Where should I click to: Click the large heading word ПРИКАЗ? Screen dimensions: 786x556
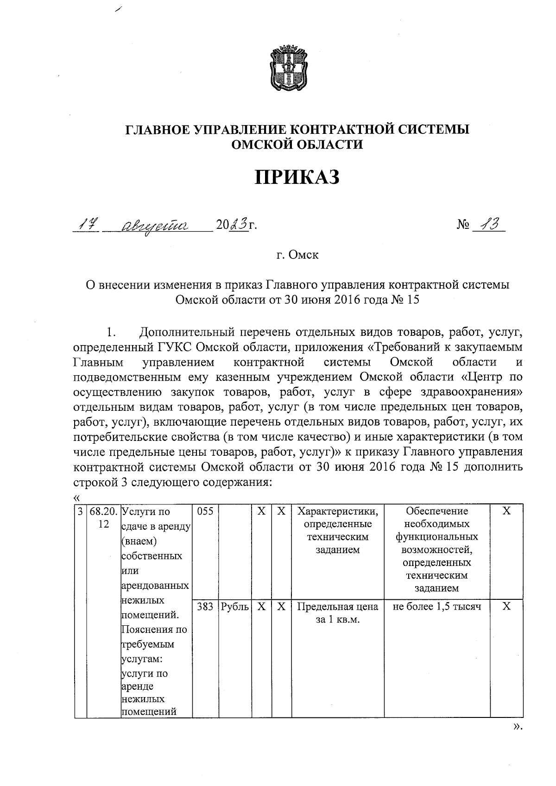point(297,177)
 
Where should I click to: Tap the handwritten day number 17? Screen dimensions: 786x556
point(85,225)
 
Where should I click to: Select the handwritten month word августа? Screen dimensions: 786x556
point(153,226)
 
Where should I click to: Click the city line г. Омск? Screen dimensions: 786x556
point(297,255)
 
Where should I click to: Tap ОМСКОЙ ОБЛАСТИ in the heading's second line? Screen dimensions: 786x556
point(297,145)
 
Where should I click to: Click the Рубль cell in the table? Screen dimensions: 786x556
point(234,606)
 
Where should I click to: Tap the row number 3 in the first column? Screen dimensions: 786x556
point(80,511)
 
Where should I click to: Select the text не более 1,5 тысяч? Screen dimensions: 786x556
point(436,606)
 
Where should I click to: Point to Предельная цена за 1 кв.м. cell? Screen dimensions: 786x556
point(337,613)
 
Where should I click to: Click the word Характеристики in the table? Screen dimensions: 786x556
point(337,511)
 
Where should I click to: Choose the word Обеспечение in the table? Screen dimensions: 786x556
point(436,511)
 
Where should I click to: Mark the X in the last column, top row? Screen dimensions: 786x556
point(506,511)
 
